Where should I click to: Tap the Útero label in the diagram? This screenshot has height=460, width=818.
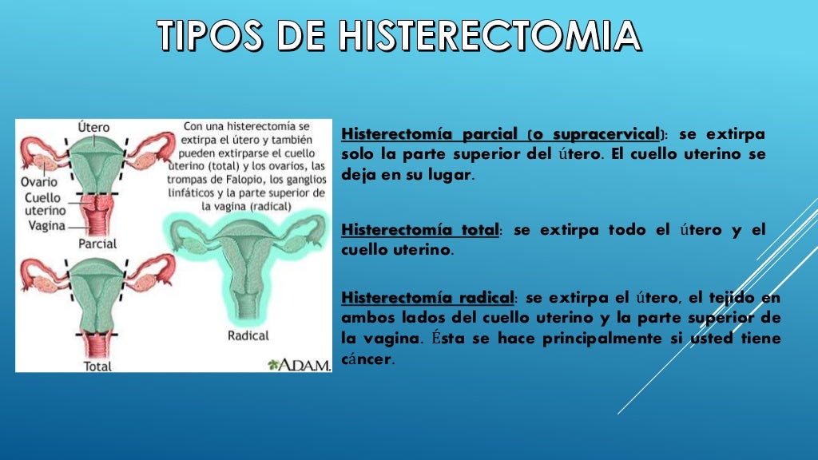pyautogui.click(x=94, y=128)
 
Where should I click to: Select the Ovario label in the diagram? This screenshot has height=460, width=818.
pyautogui.click(x=38, y=181)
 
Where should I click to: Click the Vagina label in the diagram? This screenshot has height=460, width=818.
pyautogui.click(x=45, y=226)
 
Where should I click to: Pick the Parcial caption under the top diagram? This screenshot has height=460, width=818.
pyautogui.click(x=97, y=244)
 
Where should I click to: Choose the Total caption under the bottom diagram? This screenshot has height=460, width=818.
pyautogui.click(x=97, y=367)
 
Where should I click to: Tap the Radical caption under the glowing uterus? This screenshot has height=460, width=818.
pyautogui.click(x=248, y=335)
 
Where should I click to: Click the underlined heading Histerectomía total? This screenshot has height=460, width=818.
pyautogui.click(x=419, y=230)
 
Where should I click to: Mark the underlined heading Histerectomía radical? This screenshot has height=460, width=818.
pyautogui.click(x=427, y=297)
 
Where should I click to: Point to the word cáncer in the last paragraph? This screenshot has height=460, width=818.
pyautogui.click(x=367, y=359)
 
